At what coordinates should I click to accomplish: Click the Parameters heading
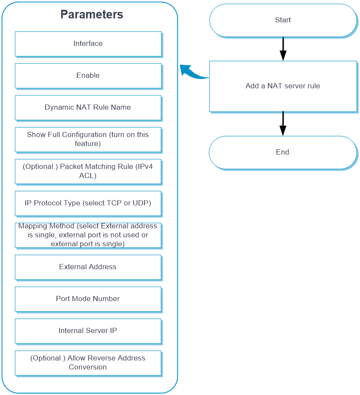pyautogui.click(x=92, y=14)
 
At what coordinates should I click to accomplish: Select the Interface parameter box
pyautogui.click(x=88, y=44)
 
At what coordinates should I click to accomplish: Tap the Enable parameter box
pyautogui.click(x=88, y=76)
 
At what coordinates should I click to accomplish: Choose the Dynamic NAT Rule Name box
pyautogui.click(x=88, y=108)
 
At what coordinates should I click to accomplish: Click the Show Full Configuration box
pyautogui.click(x=88, y=140)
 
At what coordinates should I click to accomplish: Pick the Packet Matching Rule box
pyautogui.click(x=88, y=171)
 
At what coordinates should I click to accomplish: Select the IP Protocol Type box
pyautogui.click(x=88, y=203)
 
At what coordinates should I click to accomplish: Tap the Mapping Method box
pyautogui.click(x=88, y=235)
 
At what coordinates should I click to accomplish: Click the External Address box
pyautogui.click(x=88, y=267)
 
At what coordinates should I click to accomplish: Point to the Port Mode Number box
pyautogui.click(x=88, y=299)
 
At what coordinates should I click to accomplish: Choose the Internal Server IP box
pyautogui.click(x=88, y=331)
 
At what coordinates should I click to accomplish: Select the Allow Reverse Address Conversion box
pyautogui.click(x=88, y=363)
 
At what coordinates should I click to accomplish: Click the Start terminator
pyautogui.click(x=283, y=20)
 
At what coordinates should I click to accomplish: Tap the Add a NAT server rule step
pyautogui.click(x=283, y=86)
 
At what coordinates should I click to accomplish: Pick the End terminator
pyautogui.click(x=283, y=152)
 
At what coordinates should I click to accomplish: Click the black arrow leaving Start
pyautogui.click(x=283, y=49)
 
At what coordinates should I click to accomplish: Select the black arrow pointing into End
pyautogui.click(x=283, y=124)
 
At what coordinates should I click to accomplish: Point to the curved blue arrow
pyautogui.click(x=194, y=73)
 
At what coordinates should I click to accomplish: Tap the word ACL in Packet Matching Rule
pyautogui.click(x=87, y=175)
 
